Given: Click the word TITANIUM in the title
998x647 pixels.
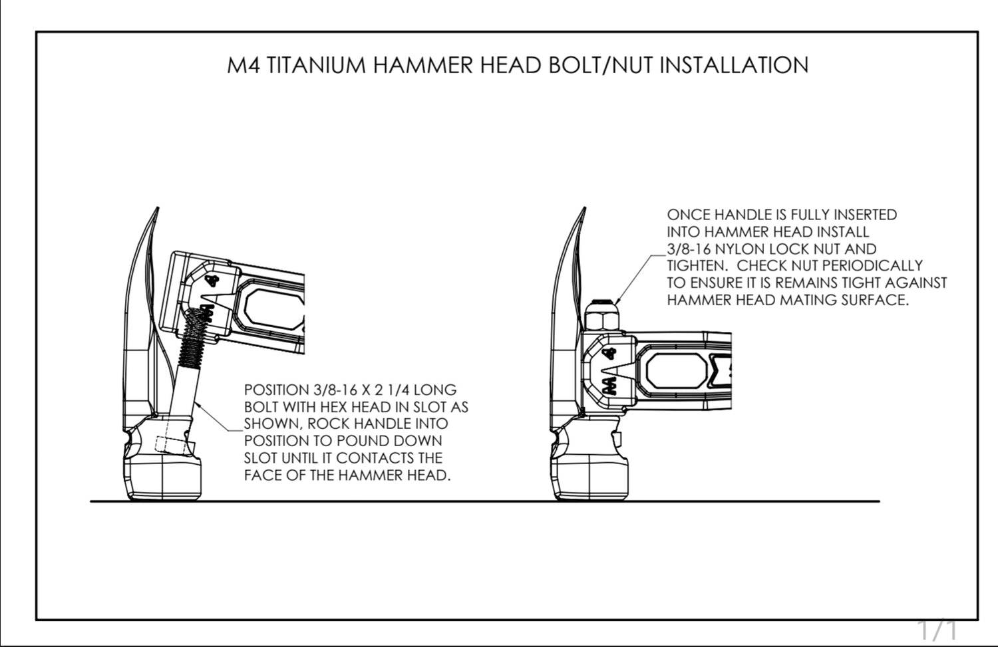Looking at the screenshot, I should point(316,65).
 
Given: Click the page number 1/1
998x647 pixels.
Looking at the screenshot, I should point(937,629).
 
